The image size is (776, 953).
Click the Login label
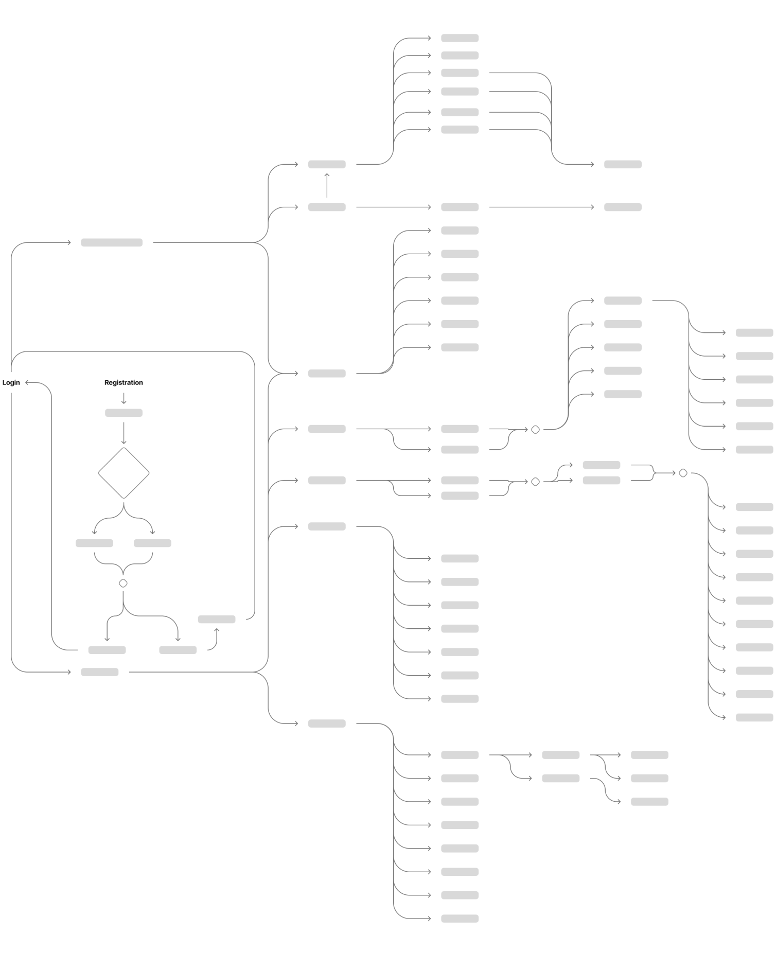pyautogui.click(x=11, y=382)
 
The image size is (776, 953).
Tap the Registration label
pyautogui.click(x=124, y=382)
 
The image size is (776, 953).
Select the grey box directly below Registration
pyautogui.click(x=124, y=413)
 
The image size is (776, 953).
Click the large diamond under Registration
pyautogui.click(x=124, y=473)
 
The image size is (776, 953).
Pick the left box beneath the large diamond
pyautogui.click(x=94, y=543)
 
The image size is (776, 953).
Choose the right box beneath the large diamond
pyautogui.click(x=152, y=543)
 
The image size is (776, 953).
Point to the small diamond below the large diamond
pyautogui.click(x=123, y=583)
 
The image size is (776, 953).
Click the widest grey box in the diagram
pyautogui.click(x=112, y=242)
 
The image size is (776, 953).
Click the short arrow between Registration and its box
pyautogui.click(x=124, y=398)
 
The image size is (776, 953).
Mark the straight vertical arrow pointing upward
pyautogui.click(x=327, y=185)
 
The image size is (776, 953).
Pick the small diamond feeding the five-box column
pyautogui.click(x=535, y=429)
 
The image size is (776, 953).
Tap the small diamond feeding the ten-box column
pyautogui.click(x=683, y=473)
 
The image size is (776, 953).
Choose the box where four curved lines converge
pyautogui.click(x=623, y=164)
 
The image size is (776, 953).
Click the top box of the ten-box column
pyautogui.click(x=754, y=507)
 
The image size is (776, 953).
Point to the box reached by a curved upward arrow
pyautogui.click(x=217, y=619)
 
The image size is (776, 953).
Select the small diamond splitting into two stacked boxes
pyautogui.click(x=535, y=482)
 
